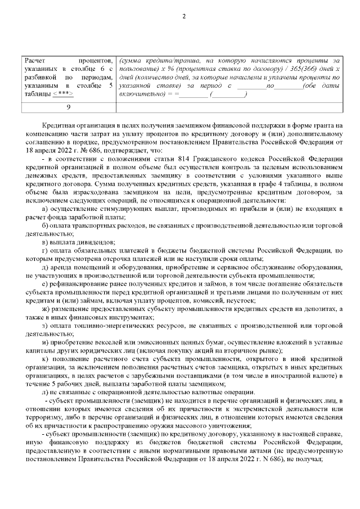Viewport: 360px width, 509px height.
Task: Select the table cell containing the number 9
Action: coord(68,106)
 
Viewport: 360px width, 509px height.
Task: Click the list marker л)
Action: coord(46,392)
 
